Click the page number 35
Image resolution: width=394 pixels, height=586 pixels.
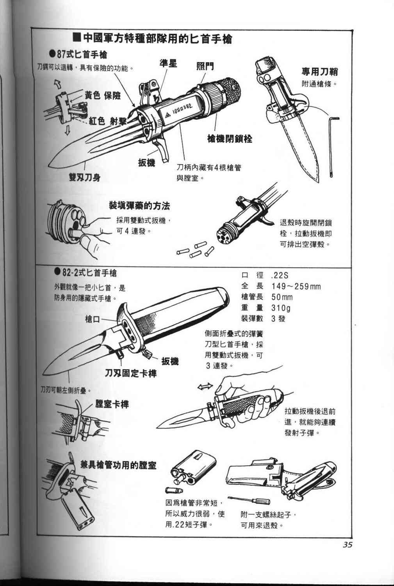(x=348, y=544)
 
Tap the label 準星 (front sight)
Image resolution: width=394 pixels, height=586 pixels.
(x=168, y=63)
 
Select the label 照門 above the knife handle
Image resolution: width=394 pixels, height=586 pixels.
(x=205, y=66)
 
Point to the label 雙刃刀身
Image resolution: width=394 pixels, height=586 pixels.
(x=84, y=178)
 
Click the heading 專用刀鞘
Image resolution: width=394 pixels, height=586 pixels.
(x=319, y=71)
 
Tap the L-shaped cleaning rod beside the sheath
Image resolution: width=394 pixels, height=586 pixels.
(x=333, y=145)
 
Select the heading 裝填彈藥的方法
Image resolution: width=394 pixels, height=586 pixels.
(x=139, y=206)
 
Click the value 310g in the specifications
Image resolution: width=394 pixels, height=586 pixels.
(x=281, y=308)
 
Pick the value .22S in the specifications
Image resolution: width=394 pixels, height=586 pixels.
(x=279, y=275)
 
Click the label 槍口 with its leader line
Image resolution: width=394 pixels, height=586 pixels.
(x=93, y=320)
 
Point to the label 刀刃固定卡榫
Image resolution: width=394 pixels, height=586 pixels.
(x=130, y=373)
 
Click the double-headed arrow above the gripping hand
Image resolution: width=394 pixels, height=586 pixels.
(x=205, y=386)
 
